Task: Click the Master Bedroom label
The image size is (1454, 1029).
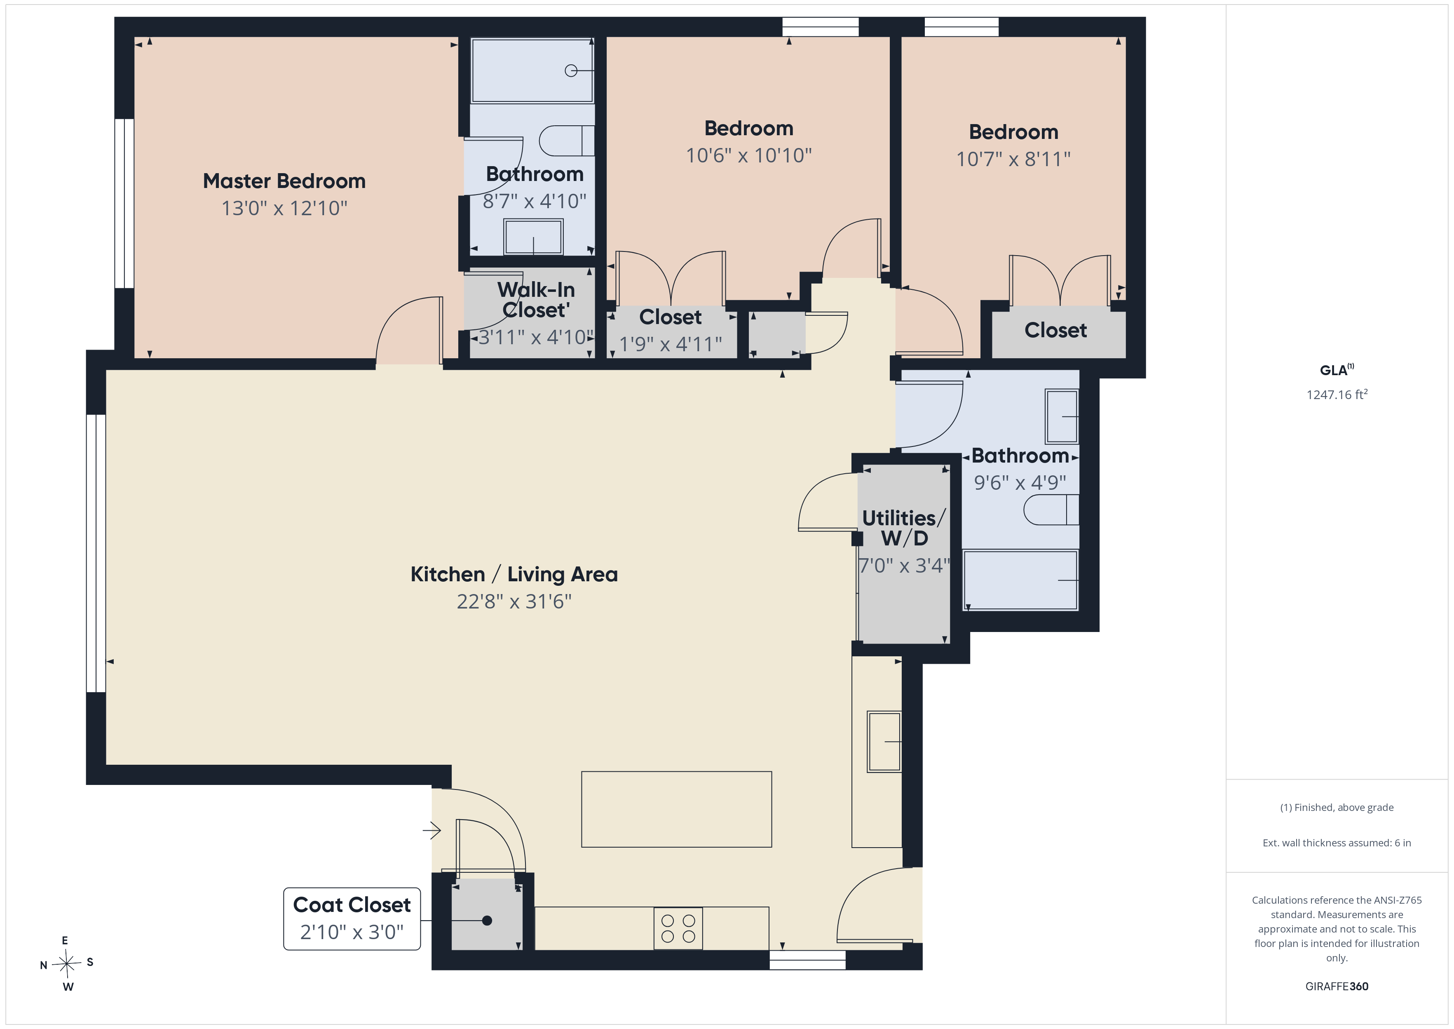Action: pos(284,181)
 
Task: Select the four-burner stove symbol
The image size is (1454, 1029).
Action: pos(678,928)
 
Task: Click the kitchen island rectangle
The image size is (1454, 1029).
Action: pos(676,809)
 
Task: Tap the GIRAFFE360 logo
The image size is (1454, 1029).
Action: pos(1337,986)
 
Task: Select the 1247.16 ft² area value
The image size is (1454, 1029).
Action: pos(1337,394)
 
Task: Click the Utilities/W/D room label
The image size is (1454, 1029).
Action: pos(904,528)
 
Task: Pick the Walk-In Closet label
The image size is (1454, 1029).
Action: pos(536,300)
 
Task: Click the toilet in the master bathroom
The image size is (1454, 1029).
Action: pos(567,141)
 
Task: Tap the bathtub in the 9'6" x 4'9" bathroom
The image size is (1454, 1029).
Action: pos(1020,580)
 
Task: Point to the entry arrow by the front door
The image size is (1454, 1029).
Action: pos(432,829)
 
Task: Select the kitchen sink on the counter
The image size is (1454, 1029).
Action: pos(885,741)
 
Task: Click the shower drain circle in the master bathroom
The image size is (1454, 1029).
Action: pos(571,71)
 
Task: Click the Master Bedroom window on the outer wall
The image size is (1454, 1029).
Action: pos(124,203)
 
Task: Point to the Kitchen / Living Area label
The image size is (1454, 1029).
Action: pos(514,574)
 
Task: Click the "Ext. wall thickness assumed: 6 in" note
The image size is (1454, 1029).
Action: pos(1337,843)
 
